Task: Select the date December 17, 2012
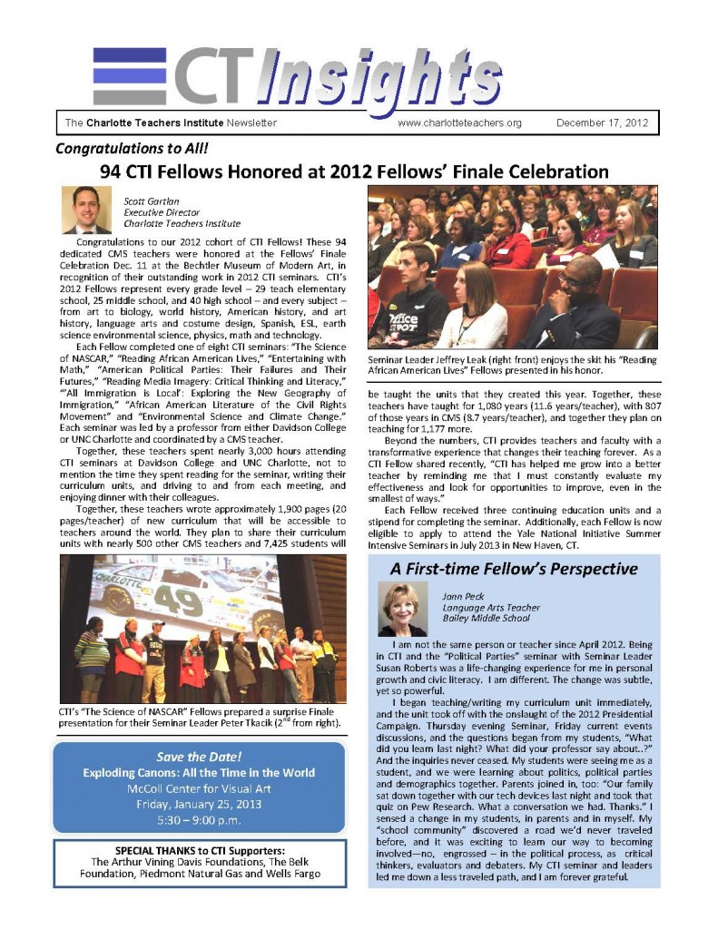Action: (603, 122)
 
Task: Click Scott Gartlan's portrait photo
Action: (86, 210)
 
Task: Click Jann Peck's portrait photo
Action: (404, 609)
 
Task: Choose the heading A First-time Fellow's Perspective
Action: (514, 570)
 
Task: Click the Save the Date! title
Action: (199, 758)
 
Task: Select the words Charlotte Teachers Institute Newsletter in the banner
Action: (182, 122)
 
